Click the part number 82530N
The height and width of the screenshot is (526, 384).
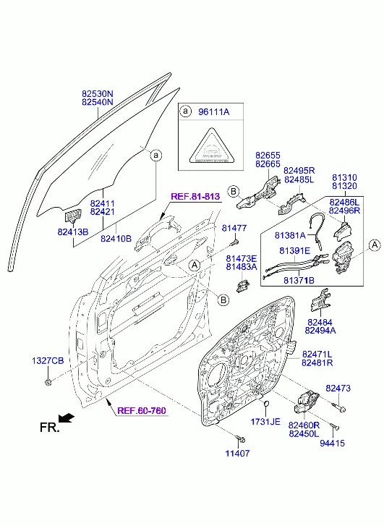tap(98, 93)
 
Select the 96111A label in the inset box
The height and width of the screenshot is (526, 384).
tap(213, 111)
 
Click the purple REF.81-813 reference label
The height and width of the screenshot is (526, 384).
tap(195, 197)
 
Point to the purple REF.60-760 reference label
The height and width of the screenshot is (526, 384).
tap(142, 411)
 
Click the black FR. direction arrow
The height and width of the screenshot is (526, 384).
tap(66, 418)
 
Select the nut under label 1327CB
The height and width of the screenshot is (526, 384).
tap(48, 381)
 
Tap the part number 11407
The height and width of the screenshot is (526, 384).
tap(237, 453)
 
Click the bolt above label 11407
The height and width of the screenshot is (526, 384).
tap(240, 438)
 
